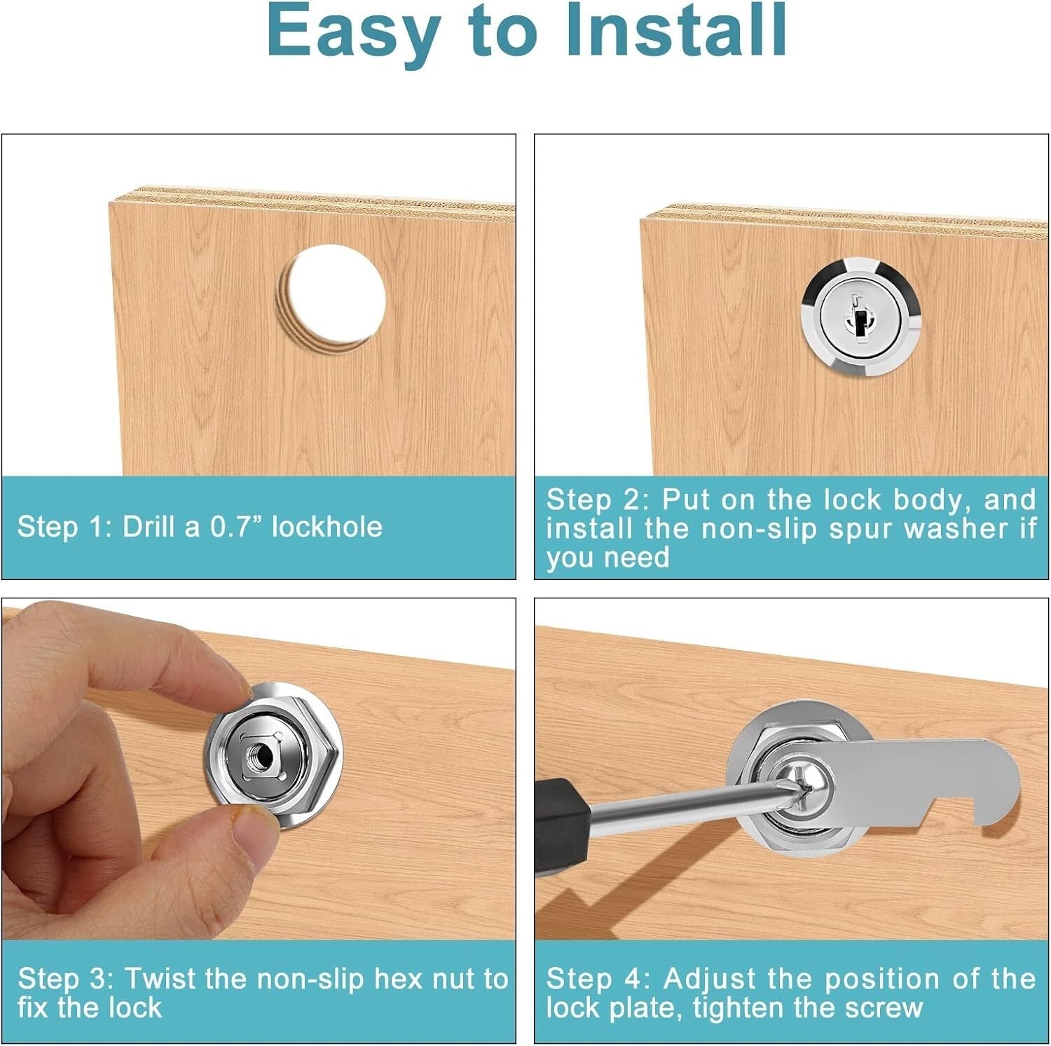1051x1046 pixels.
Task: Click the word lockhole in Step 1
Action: (327, 527)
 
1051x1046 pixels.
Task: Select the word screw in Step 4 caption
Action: (884, 1007)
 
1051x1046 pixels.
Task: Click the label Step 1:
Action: (65, 527)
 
